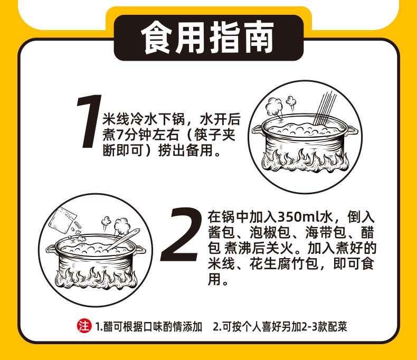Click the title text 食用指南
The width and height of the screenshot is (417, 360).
tap(207, 37)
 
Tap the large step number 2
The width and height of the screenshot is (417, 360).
tap(181, 235)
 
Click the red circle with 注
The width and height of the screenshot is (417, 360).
tap(84, 326)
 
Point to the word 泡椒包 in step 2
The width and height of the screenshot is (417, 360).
tap(270, 232)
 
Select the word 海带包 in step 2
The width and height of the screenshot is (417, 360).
tap(326, 232)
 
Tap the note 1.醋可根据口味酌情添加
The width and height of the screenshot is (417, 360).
tap(149, 327)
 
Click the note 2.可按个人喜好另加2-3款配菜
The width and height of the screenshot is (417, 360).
tap(280, 327)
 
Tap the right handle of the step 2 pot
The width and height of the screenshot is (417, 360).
tap(140, 249)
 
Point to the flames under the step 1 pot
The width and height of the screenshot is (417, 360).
tap(305, 160)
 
